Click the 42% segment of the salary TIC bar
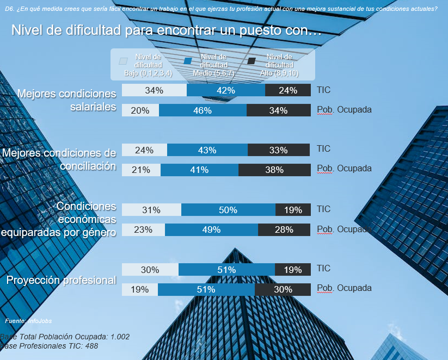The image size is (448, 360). tap(225, 90)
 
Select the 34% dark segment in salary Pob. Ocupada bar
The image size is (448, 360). tap(278, 110)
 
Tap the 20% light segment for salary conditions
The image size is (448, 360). tap(140, 110)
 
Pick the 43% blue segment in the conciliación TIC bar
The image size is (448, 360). tap(207, 150)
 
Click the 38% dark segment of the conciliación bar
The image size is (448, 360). tap(274, 170)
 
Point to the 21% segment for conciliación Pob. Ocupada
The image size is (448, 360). tap(141, 170)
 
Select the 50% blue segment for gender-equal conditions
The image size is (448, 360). tap(228, 210)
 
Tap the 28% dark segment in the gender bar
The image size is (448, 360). tap(284, 229)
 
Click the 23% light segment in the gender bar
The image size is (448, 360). tap(143, 229)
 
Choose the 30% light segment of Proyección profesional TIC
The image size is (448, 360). tap(150, 270)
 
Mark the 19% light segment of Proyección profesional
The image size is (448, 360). tap(140, 289)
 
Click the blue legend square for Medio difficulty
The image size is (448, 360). tap(188, 61)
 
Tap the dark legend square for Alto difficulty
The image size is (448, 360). tap(252, 61)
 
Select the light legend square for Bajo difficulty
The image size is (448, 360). tap(123, 61)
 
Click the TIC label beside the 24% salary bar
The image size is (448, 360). tap(323, 90)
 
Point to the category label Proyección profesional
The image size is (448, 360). tap(61, 281)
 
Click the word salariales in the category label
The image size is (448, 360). tap(93, 107)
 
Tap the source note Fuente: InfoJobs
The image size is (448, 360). tap(28, 321)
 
